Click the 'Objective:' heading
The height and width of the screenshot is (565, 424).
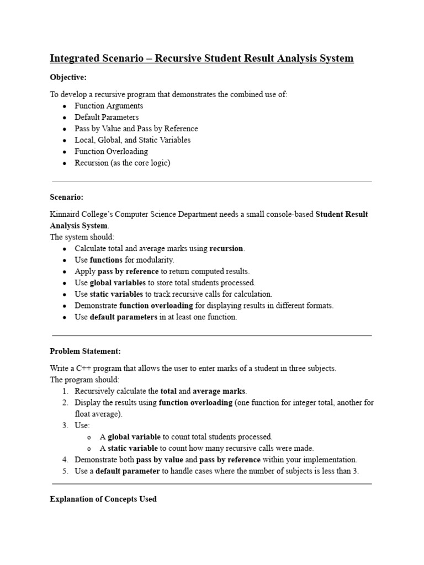click(x=68, y=77)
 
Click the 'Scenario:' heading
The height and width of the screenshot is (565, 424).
click(x=66, y=197)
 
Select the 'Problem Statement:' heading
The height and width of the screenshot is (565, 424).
click(x=85, y=351)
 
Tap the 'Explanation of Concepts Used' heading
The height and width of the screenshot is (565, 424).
click(x=103, y=499)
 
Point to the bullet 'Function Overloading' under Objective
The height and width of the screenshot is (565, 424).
click(x=111, y=151)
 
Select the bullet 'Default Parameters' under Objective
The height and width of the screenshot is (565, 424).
click(x=107, y=117)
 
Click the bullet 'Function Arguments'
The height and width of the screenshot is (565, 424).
click(x=109, y=106)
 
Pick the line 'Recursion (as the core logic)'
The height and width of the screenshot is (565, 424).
click(x=123, y=163)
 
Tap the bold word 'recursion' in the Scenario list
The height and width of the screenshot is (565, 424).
click(x=226, y=248)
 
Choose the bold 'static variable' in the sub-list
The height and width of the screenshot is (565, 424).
click(x=133, y=448)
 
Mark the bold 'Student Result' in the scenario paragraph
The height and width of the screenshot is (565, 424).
click(x=341, y=214)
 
